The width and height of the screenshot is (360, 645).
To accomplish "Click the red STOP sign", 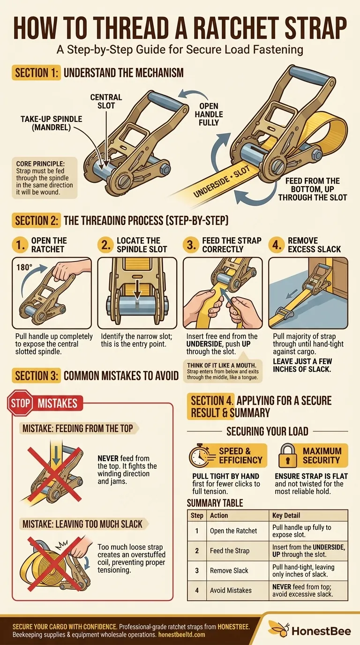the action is click(20, 403).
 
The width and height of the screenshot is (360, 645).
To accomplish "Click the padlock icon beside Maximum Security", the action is click(287, 455).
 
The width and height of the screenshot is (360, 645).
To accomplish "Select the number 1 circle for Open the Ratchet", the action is click(20, 245).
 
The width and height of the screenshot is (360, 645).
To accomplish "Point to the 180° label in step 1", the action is click(24, 268).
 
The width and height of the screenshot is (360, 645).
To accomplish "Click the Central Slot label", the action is click(106, 101).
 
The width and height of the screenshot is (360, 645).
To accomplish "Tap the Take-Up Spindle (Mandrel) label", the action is click(51, 123).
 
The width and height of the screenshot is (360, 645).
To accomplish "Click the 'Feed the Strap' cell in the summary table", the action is click(230, 551).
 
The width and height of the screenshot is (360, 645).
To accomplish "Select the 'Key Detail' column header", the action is click(286, 516).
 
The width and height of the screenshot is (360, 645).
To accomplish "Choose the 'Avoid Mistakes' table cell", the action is click(231, 591).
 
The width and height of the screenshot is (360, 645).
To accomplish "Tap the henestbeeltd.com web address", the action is click(182, 635).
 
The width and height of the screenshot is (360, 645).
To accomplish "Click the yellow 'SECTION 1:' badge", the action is click(36, 73).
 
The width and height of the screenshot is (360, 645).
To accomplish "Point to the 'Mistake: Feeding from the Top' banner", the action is click(78, 428).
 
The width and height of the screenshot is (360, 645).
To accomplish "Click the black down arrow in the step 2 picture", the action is click(137, 289).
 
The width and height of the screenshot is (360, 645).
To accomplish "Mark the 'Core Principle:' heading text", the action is click(40, 164).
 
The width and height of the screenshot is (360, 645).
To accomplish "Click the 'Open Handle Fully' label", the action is click(209, 114).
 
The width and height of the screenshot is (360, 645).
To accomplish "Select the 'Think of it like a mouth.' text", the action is click(221, 366).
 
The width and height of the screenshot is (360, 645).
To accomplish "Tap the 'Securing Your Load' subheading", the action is click(267, 431).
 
